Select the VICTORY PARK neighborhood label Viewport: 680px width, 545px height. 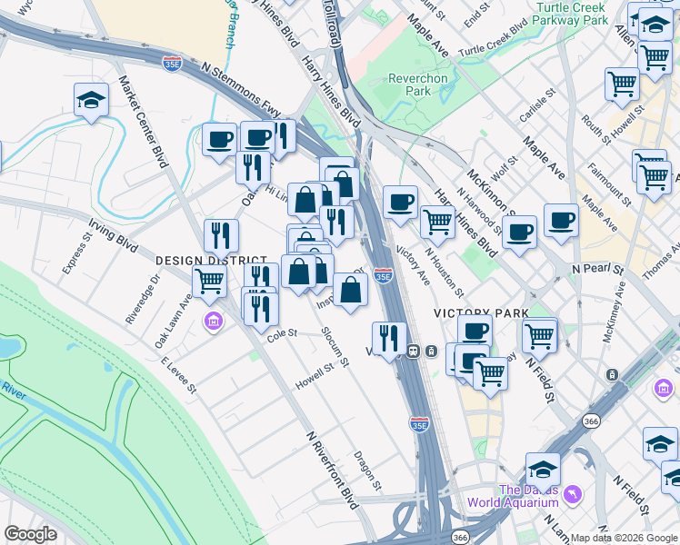pos(481,312)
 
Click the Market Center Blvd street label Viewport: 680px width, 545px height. pos(144,121)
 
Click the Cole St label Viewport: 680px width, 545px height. pos(282,335)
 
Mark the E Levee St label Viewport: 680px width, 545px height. pos(178,374)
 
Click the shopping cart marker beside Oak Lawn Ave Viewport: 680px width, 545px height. pos(209,282)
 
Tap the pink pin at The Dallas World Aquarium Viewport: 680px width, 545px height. pos(572,494)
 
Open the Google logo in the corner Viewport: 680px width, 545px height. pos(31,534)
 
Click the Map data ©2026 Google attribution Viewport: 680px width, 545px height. pos(623,538)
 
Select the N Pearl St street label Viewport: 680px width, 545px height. pos(597,271)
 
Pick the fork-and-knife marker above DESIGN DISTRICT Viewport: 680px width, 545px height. pos(221,235)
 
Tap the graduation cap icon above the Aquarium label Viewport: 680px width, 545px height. pos(543,469)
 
